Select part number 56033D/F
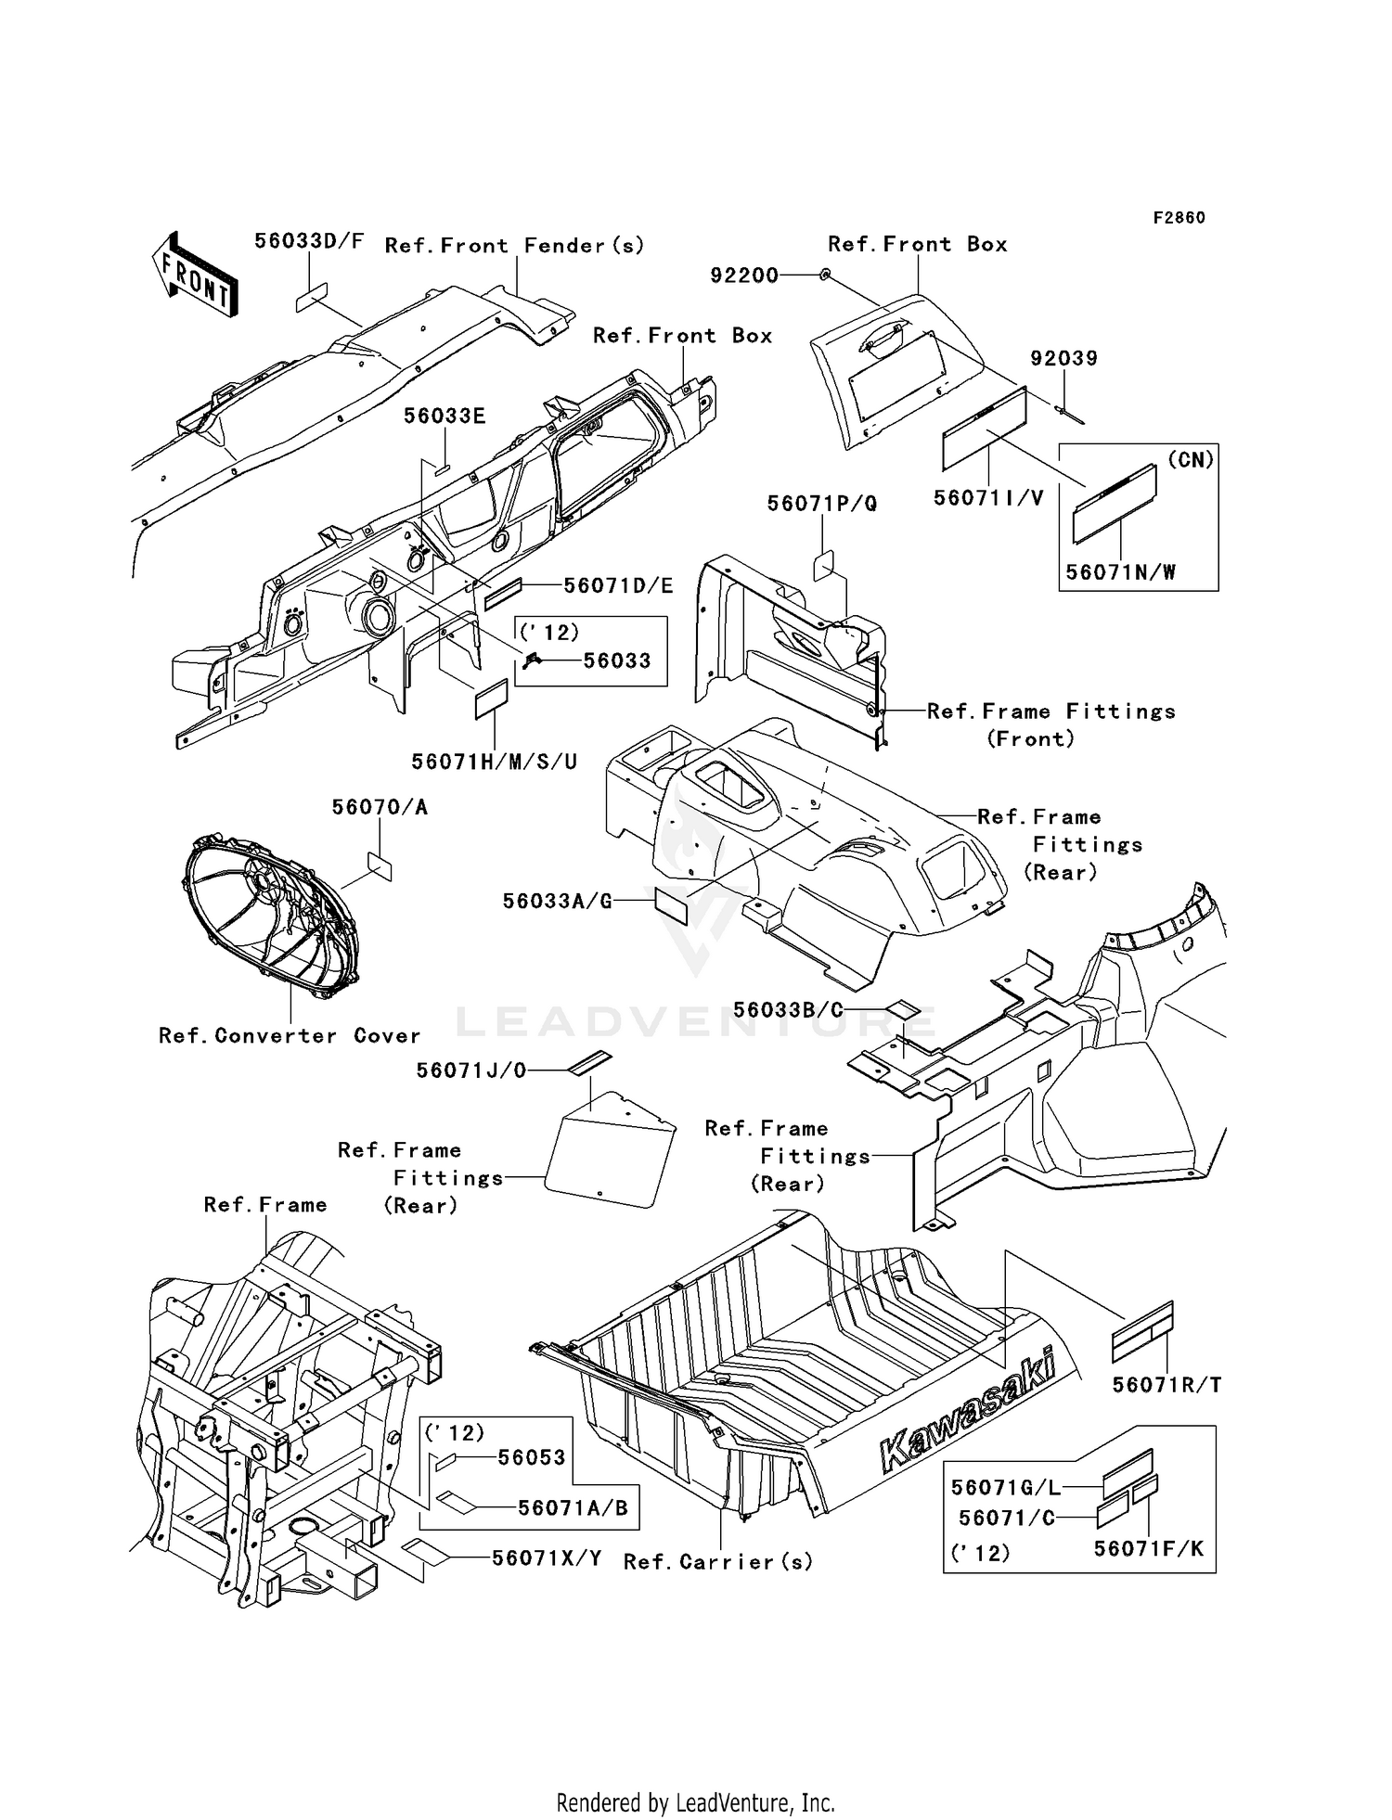pyautogui.click(x=309, y=241)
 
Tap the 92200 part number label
pyautogui.click(x=744, y=276)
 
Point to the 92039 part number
pyautogui.click(x=1063, y=358)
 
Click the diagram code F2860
pyautogui.click(x=1179, y=218)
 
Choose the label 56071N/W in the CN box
pyautogui.click(x=1120, y=572)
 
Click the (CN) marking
pyautogui.click(x=1191, y=460)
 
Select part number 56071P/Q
pyautogui.click(x=821, y=504)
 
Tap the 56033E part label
pyautogui.click(x=444, y=416)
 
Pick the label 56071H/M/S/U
pyautogui.click(x=495, y=762)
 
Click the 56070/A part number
pyautogui.click(x=380, y=807)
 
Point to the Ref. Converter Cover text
pyautogui.click(x=290, y=1035)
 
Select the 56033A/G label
pyautogui.click(x=557, y=901)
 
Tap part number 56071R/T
pyautogui.click(x=1166, y=1385)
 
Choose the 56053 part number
pyautogui.click(x=531, y=1457)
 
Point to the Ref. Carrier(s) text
pyautogui.click(x=718, y=1562)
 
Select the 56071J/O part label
pyautogui.click(x=470, y=1070)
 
